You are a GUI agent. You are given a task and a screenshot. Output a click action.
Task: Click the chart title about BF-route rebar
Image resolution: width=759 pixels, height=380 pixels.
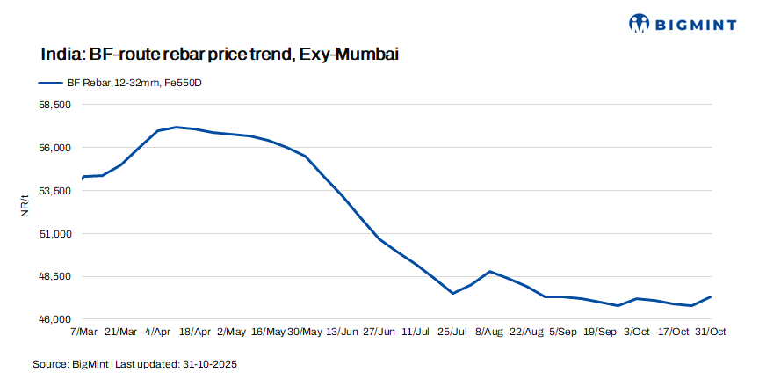(x=220, y=55)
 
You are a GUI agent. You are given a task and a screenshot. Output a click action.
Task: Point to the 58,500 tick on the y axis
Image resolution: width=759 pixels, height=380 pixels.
(x=55, y=105)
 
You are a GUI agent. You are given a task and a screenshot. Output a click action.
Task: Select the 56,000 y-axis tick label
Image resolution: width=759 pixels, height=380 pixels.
(x=55, y=148)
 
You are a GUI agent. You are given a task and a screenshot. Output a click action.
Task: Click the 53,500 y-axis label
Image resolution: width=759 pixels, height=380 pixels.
(x=55, y=191)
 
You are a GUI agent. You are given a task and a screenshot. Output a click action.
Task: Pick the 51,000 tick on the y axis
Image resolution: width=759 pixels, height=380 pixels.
(x=55, y=234)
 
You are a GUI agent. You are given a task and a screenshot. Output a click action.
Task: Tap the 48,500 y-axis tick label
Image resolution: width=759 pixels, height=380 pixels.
(x=55, y=276)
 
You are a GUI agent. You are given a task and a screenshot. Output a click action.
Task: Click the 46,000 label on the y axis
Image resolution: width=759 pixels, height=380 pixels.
(x=55, y=319)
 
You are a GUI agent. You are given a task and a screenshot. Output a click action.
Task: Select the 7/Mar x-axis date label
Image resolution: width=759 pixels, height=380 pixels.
(x=83, y=332)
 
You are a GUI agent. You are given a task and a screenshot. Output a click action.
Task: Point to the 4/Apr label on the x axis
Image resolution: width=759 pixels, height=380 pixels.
(x=158, y=332)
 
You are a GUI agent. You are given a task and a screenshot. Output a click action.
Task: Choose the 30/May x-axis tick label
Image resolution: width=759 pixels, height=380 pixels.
(x=305, y=332)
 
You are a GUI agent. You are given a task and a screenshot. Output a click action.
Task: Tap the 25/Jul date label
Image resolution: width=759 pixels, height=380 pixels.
(x=452, y=332)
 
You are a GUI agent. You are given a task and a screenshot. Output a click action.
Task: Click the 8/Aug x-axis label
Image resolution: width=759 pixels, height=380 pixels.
(x=489, y=332)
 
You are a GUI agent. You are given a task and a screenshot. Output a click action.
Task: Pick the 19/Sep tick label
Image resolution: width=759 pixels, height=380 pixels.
(x=599, y=332)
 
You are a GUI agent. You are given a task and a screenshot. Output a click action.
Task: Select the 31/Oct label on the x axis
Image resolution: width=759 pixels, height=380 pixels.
(x=710, y=332)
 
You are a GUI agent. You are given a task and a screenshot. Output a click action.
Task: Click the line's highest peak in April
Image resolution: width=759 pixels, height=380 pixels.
(x=177, y=127)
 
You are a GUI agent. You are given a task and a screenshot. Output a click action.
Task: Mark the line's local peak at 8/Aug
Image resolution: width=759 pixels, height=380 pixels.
(x=489, y=271)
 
